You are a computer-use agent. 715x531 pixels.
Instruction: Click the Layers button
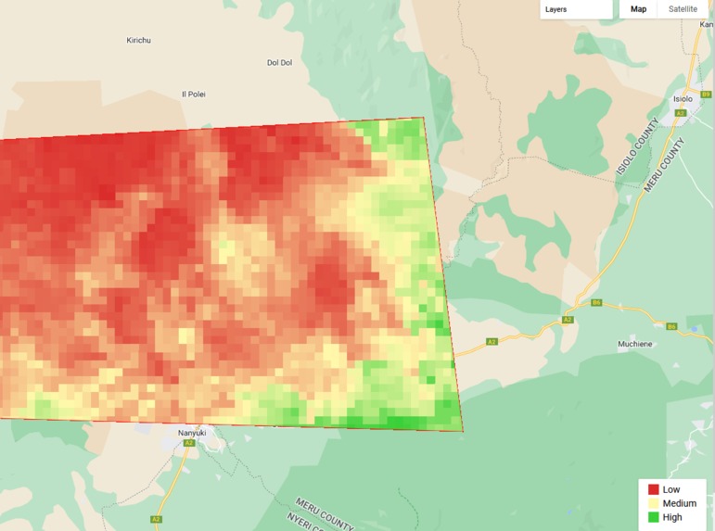coord(575,9)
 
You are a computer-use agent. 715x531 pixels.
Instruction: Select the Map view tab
coord(639,9)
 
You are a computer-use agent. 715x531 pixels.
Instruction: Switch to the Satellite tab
coord(683,9)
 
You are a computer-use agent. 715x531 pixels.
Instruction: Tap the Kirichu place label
coord(138,40)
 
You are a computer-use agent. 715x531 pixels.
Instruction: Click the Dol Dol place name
coord(279,63)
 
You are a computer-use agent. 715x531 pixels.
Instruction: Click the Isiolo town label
coord(683,98)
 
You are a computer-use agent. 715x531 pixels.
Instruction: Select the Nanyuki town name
coord(192,432)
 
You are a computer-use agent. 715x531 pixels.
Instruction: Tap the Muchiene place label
coord(636,344)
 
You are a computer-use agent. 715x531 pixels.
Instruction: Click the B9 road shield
coord(706,95)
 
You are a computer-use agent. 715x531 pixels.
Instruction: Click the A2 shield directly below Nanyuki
coord(188,443)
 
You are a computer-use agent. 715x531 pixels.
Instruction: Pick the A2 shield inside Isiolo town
coord(680,113)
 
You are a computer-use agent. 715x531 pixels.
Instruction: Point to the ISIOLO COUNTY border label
coord(639,147)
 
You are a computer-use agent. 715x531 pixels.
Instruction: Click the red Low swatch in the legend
coord(654,489)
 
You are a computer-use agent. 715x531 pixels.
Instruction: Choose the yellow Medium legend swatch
coord(654,503)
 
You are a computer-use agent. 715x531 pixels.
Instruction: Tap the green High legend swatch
coord(654,517)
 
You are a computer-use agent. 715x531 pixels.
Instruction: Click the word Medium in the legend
coord(679,503)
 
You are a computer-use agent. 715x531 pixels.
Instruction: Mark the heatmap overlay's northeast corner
coord(424,118)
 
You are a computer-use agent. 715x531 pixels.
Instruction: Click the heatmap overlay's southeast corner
coord(462,431)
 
